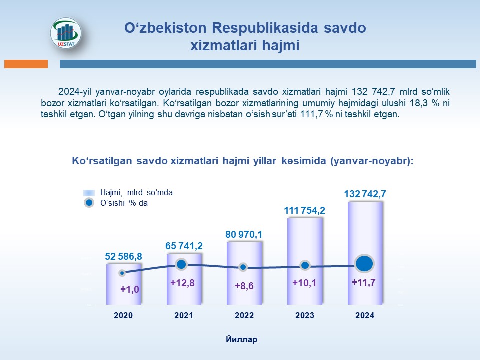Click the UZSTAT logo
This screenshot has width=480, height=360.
tap(66, 33)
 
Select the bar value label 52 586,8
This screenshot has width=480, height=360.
tap(123, 256)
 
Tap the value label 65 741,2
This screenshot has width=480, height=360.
tap(184, 246)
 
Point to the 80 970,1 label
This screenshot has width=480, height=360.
tap(244, 235)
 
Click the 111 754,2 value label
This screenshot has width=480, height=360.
tap(304, 210)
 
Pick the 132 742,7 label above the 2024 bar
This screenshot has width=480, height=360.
tap(365, 194)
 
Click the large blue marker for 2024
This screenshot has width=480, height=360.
tap(364, 264)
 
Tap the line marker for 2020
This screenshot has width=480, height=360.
tap(122, 273)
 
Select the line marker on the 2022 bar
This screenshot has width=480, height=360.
tap(243, 267)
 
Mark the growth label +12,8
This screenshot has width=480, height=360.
tap(182, 283)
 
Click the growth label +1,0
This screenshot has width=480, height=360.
tap(130, 289)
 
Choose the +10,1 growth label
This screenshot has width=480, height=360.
tap(304, 283)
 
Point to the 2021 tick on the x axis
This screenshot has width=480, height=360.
tap(184, 315)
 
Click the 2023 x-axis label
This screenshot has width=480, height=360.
tap(305, 315)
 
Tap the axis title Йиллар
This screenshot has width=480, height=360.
tap(242, 340)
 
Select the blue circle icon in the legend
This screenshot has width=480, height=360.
tap(89, 203)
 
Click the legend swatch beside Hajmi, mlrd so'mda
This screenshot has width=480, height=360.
tap(89, 193)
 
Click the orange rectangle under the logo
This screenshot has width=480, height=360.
tap(26, 64)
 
